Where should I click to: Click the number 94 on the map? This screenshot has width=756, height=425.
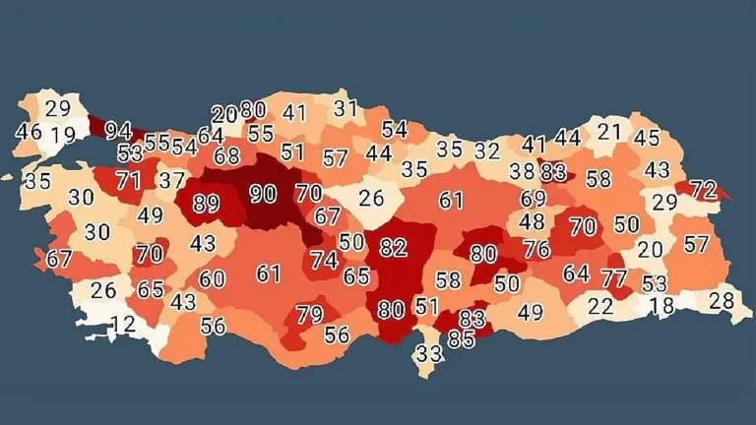point(118,131)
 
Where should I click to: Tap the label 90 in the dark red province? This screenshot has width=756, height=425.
point(262,195)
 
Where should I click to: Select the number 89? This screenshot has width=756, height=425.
point(206,205)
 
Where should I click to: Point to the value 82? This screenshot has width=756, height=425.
point(394,248)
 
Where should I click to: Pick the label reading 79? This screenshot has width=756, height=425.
point(309,316)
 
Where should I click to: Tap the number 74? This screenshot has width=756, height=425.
point(324,261)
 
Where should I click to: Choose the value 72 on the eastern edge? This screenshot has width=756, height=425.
point(703,188)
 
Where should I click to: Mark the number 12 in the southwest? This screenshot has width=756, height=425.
point(123,324)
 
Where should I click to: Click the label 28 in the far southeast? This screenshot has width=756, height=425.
point(722,301)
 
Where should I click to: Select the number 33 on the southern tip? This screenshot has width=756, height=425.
point(428,353)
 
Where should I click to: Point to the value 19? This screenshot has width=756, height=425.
point(63,136)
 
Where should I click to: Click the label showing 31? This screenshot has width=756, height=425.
point(345,109)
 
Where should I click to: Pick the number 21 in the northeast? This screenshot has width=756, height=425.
point(610,131)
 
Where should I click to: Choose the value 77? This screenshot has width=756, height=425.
point(614,278)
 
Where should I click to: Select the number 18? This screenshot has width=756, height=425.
point(661,306)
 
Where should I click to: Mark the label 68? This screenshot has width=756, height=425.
point(226,155)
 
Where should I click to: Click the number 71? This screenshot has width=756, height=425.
point(128,181)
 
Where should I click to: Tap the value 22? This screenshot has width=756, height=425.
point(600,306)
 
